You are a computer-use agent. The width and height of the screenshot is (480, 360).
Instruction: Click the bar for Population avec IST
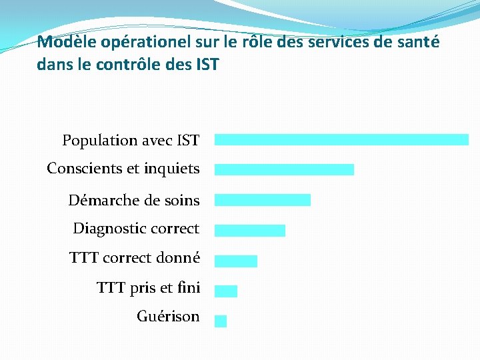pyautogui.click(x=341, y=139)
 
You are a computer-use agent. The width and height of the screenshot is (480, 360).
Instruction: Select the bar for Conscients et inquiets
pyautogui.click(x=284, y=169)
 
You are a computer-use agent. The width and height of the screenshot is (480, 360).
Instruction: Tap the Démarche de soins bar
pyautogui.click(x=263, y=200)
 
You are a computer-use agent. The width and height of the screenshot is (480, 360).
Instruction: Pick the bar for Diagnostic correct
pyautogui.click(x=250, y=231)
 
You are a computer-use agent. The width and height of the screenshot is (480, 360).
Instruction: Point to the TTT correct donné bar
pyautogui.click(x=236, y=261)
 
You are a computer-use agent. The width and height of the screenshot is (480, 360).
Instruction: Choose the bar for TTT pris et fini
pyautogui.click(x=226, y=291)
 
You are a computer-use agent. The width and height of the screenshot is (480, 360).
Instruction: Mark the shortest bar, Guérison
pyautogui.click(x=221, y=321)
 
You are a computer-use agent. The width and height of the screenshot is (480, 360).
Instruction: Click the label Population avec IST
pyautogui.click(x=131, y=140)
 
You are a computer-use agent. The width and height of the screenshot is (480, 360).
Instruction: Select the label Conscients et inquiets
pyautogui.click(x=123, y=169)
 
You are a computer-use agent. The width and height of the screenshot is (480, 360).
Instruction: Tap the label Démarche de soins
pyautogui.click(x=133, y=200)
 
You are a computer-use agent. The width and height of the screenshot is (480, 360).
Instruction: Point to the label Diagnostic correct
pyautogui.click(x=136, y=229)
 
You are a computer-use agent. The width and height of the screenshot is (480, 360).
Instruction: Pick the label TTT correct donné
pyautogui.click(x=134, y=258)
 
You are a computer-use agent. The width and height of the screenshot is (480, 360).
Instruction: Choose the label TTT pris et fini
pyautogui.click(x=148, y=288)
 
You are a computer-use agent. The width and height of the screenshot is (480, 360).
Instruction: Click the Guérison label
pyautogui.click(x=168, y=317)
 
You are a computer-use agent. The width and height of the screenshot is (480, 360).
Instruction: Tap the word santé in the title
pyautogui.click(x=418, y=43)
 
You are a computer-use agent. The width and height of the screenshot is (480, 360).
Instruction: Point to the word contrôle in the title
pyautogui.click(x=122, y=65)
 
